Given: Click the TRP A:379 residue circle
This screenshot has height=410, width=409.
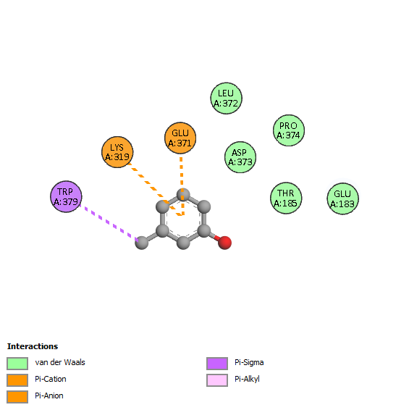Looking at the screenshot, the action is pos(66,196).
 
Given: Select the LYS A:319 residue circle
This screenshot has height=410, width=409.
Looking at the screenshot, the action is pos(117,152).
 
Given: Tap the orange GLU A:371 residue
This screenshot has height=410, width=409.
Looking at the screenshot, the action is pos(180,138).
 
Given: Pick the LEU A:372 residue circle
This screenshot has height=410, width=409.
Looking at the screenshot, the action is pos(227,99).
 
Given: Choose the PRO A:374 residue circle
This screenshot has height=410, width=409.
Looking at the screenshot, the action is pos(289,130).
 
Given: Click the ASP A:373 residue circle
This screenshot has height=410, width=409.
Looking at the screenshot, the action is pos(240,157).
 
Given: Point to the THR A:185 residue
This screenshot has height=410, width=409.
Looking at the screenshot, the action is pos(286,198).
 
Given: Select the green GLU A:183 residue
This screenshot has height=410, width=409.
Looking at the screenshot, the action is pos(343,198).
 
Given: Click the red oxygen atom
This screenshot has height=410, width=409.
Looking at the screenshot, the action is pos(224,243).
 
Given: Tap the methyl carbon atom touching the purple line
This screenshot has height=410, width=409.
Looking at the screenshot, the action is pos(142,243).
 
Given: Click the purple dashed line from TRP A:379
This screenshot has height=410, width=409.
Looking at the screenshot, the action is pos(109,222).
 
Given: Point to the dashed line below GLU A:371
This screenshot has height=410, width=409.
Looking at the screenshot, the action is pos(182,186).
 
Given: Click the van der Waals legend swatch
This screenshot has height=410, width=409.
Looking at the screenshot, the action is pos(17,364).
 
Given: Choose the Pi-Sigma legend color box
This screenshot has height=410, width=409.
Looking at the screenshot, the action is pos(217,364).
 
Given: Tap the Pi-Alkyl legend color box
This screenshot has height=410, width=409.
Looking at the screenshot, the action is pos(217,380).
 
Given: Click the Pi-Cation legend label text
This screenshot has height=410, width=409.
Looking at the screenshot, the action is pos(51,379).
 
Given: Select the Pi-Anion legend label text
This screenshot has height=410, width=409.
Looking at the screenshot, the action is pos(49,396).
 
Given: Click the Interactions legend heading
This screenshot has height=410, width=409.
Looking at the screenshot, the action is pos(33,346).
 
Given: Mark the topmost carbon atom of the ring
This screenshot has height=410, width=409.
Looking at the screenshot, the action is pos(183,195).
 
